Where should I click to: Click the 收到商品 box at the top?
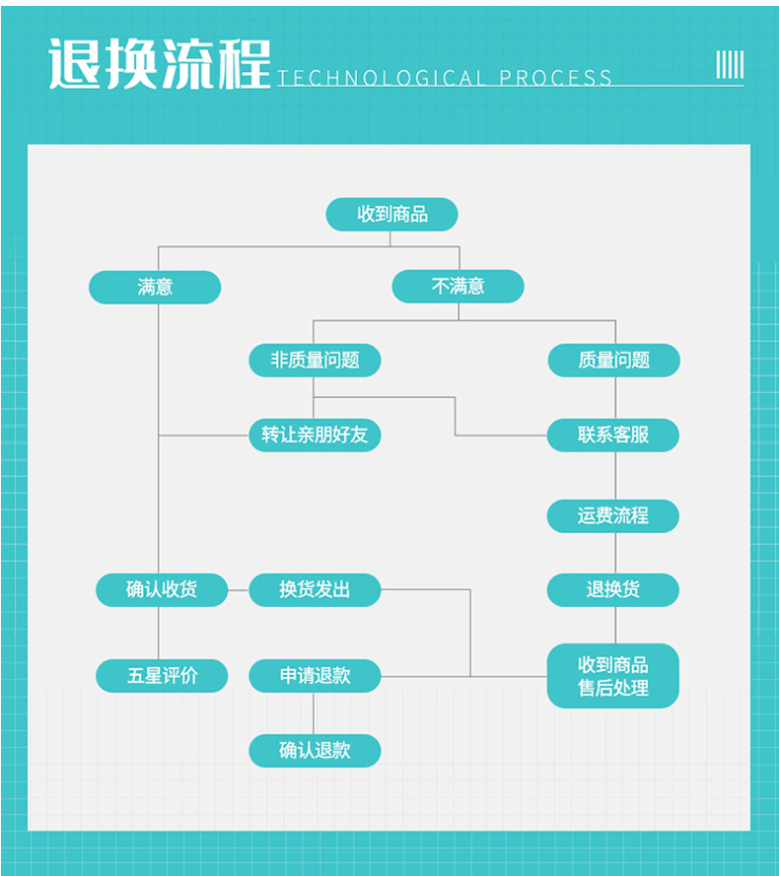click(x=391, y=214)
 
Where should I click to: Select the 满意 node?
click(x=155, y=287)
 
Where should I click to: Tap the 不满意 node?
click(x=458, y=287)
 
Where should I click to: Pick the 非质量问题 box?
click(x=315, y=360)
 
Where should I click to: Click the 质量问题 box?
click(x=613, y=360)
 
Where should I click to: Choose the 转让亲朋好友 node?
click(x=315, y=435)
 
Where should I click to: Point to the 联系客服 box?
click(x=613, y=435)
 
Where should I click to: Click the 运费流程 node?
click(x=613, y=515)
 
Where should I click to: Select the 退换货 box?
click(x=613, y=589)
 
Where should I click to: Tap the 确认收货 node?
click(x=162, y=589)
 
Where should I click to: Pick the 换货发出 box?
click(x=315, y=589)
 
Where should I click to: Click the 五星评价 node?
click(x=162, y=676)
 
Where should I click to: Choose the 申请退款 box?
click(x=315, y=676)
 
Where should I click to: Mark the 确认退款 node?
click(x=315, y=750)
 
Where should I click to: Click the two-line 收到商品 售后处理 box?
click(x=613, y=676)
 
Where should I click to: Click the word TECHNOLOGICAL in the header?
click(x=382, y=78)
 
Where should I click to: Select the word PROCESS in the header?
click(x=555, y=78)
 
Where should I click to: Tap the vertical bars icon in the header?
click(x=730, y=65)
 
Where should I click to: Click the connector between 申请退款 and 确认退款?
click(x=315, y=712)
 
